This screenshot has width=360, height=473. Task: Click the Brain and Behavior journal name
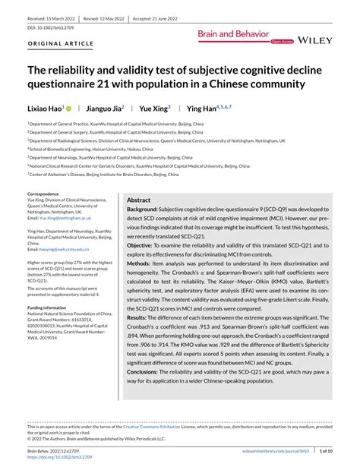click(233, 33)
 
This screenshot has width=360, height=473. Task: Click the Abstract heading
click(140, 199)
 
